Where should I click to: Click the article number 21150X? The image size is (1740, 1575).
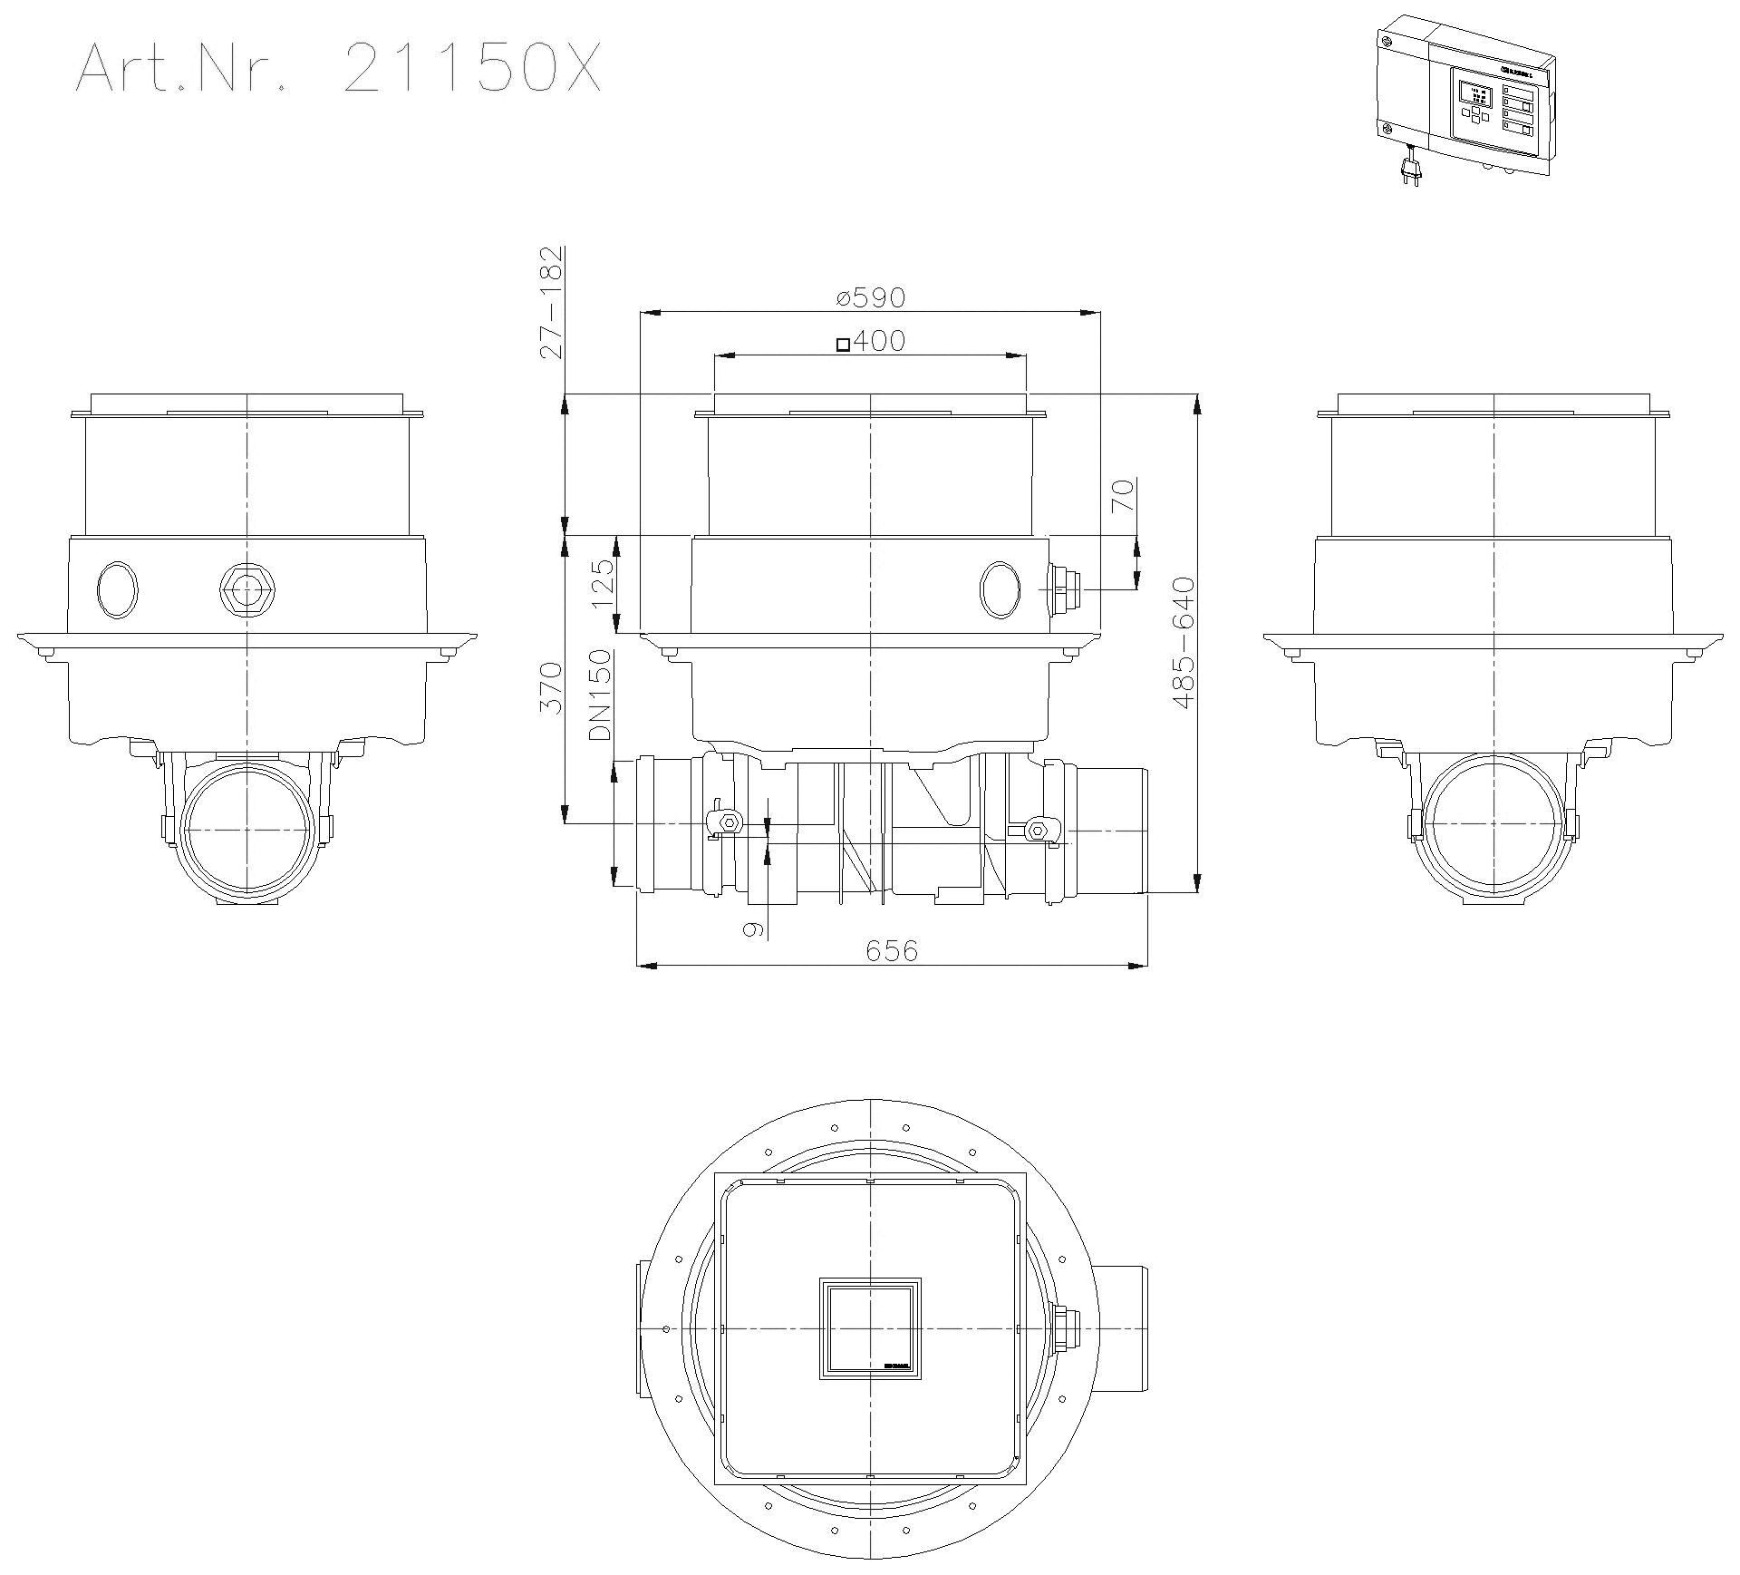tap(472, 69)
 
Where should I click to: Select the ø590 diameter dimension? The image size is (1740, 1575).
tap(871, 297)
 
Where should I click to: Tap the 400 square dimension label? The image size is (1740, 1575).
tap(870, 341)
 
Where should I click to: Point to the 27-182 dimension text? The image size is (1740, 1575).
tap(551, 302)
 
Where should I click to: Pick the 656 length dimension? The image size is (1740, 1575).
tap(892, 950)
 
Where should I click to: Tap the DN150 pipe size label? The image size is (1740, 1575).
tap(601, 695)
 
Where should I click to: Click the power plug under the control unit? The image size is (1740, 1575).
tap(1407, 170)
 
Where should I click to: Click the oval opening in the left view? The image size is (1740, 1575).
tap(118, 589)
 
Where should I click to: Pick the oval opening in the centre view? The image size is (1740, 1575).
tap(1000, 589)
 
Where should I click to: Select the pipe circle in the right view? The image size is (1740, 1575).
tap(1493, 828)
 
